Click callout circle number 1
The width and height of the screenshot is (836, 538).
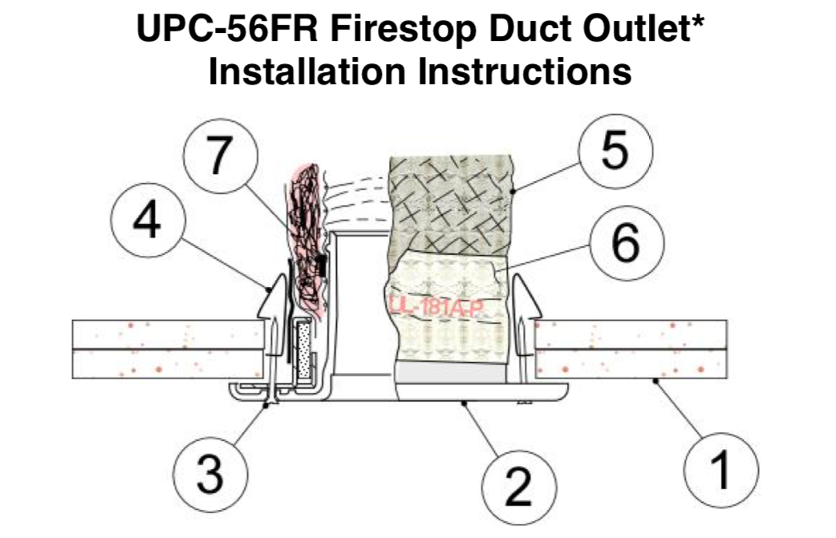[x=721, y=470]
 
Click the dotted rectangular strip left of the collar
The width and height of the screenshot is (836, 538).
[x=303, y=349]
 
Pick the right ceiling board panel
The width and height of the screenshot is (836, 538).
[x=630, y=350]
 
